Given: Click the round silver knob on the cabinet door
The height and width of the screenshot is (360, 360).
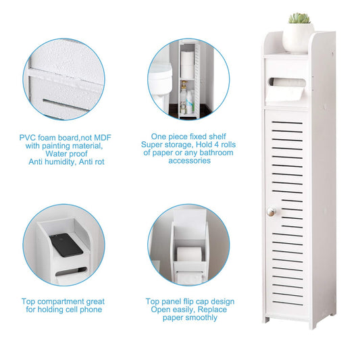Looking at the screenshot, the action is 271,211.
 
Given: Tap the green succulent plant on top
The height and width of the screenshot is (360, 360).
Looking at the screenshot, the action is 299,18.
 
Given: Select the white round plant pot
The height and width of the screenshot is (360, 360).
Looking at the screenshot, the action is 298,38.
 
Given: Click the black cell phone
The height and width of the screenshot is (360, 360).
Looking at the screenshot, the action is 66,245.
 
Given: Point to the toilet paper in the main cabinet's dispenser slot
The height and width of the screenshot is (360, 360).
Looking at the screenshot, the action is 286,89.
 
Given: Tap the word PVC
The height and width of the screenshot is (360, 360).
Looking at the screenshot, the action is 27,138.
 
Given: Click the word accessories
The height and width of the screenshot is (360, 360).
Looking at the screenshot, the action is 189,161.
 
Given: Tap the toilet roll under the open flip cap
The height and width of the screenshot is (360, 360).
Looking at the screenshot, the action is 189,254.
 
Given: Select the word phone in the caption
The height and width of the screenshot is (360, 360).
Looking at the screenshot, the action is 91,310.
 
